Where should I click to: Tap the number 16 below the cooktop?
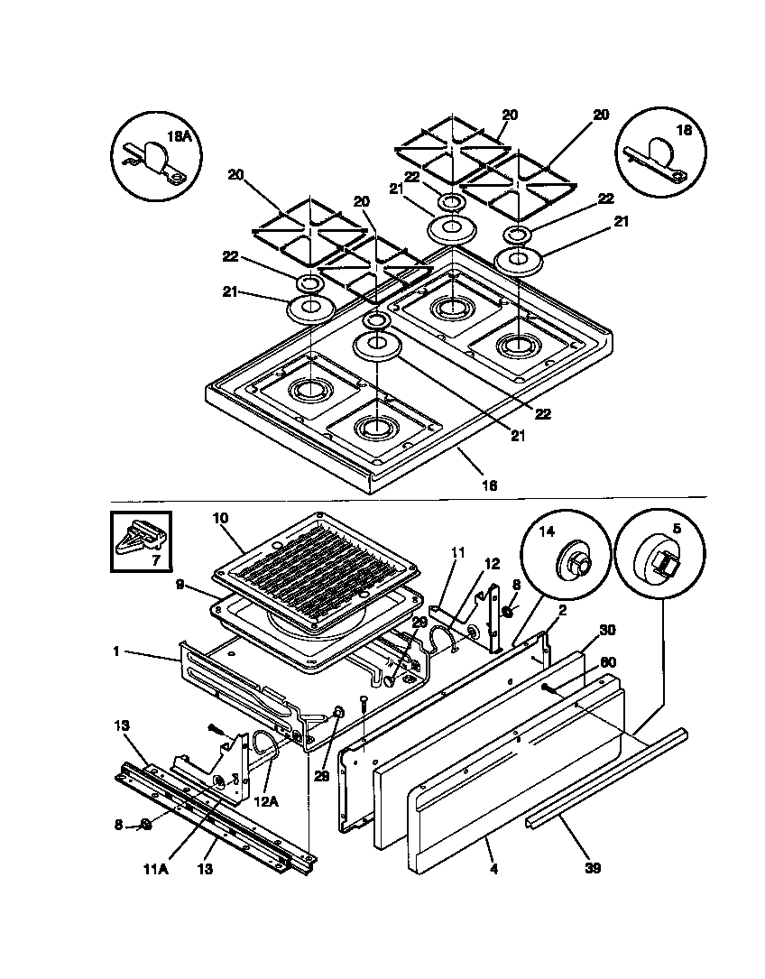tap(489, 485)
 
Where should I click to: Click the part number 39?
tap(592, 869)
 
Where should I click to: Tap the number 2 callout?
tap(562, 611)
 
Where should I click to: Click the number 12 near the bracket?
tap(492, 564)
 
